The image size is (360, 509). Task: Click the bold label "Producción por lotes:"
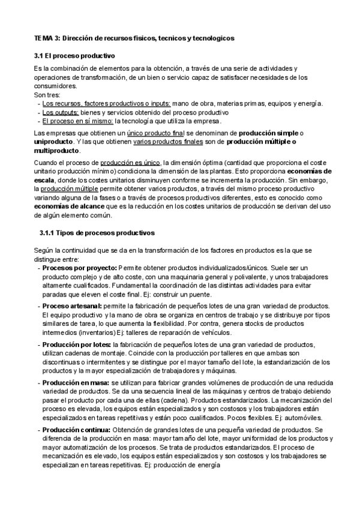pos(76,345)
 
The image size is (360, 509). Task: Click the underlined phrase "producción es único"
pos(130,162)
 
